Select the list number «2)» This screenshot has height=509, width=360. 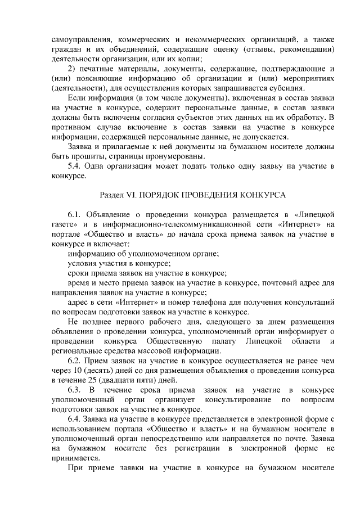[73, 68]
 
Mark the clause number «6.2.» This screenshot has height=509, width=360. [75, 361]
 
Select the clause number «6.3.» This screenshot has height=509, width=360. [75, 390]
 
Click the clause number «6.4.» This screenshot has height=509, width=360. [75, 419]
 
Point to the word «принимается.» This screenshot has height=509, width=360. [78, 458]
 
